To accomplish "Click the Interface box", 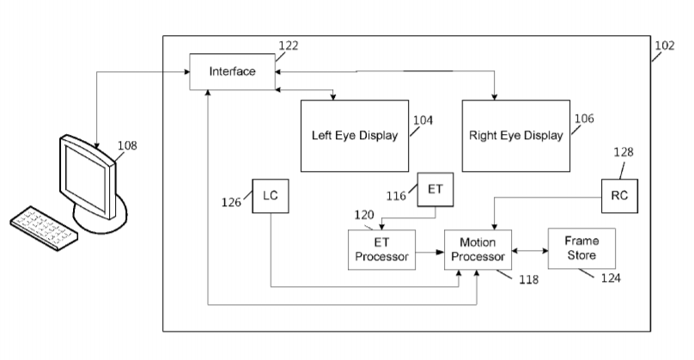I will pyautogui.click(x=232, y=71).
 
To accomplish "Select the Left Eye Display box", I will pyautogui.click(x=354, y=136).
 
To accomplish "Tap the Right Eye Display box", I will pyautogui.click(x=515, y=136).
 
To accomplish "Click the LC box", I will pyautogui.click(x=270, y=196).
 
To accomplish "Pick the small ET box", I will pyautogui.click(x=434, y=189).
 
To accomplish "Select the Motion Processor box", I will pyautogui.click(x=478, y=249).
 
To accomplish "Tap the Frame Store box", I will pyautogui.click(x=582, y=248).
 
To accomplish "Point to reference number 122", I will pyautogui.click(x=290, y=44).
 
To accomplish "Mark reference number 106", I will pyautogui.click(x=584, y=119).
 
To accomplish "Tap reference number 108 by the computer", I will pyautogui.click(x=126, y=145).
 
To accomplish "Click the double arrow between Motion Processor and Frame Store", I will pyautogui.click(x=530, y=252).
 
